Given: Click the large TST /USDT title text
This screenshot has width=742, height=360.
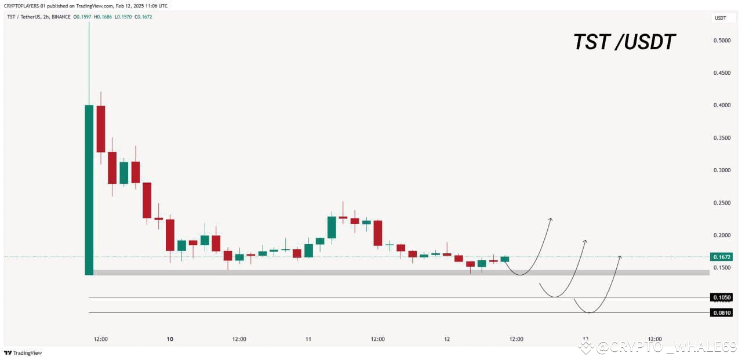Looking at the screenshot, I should [x=624, y=42].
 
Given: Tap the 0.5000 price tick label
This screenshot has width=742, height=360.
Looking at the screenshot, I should [x=722, y=41].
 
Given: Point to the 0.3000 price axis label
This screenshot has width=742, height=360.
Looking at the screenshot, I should [x=722, y=170].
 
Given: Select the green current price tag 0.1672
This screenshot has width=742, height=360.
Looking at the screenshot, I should [x=721, y=256].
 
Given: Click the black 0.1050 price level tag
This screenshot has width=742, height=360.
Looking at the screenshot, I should [x=721, y=297].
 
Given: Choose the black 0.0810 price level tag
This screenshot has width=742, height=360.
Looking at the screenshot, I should [x=721, y=312].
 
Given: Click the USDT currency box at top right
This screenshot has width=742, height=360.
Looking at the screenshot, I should [x=720, y=18].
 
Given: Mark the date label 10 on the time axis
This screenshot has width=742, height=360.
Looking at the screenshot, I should [x=170, y=339].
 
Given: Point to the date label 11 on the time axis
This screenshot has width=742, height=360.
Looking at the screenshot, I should [x=308, y=339].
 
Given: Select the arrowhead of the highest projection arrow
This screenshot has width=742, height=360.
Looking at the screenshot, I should [x=550, y=219].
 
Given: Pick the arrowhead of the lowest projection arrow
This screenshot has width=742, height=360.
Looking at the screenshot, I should [x=620, y=256].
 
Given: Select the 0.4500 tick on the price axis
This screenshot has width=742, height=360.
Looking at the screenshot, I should [x=722, y=73].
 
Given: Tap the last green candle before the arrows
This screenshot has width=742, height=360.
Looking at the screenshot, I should [x=505, y=259].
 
